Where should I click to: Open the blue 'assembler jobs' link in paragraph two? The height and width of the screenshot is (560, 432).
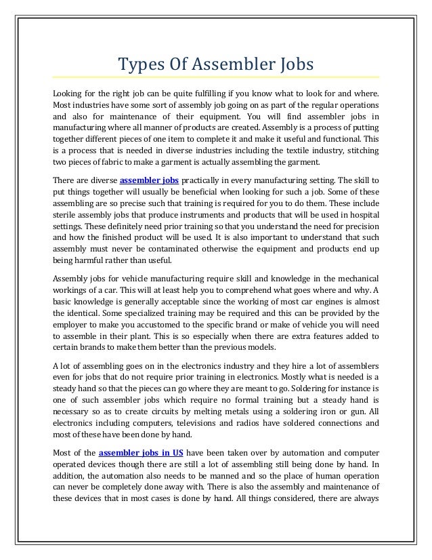coord(150,181)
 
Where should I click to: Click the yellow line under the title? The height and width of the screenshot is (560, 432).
coord(216,77)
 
